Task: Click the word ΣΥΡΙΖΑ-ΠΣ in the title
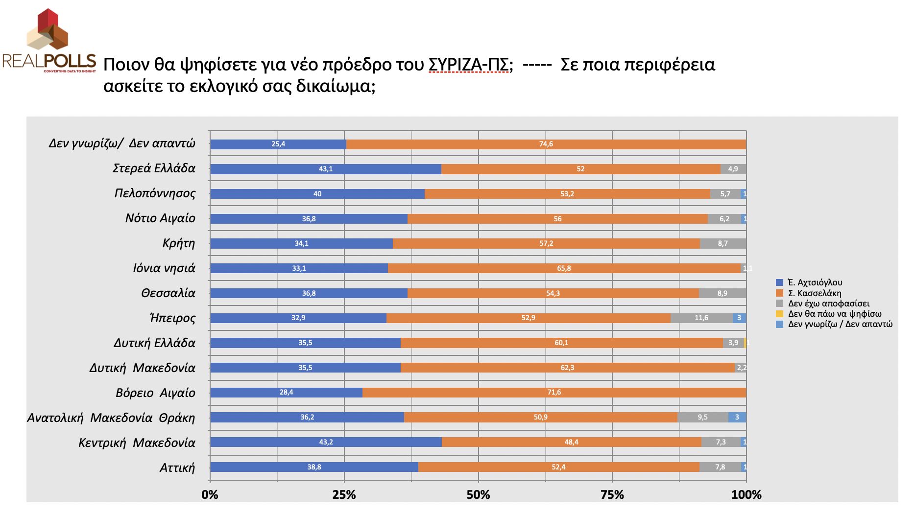coord(468,65)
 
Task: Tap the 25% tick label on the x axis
coord(344,495)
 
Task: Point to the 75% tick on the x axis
coord(612,495)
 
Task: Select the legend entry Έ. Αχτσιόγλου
coord(815,282)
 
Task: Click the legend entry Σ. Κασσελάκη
coord(814,293)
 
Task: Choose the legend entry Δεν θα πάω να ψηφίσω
coord(834,314)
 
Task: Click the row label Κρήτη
coord(179,243)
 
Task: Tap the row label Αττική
coord(177,467)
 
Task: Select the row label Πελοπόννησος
coord(155,193)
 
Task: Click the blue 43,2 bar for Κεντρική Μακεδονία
coord(326,442)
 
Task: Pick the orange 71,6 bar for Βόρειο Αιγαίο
coord(554,393)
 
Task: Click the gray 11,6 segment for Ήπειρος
coord(701,318)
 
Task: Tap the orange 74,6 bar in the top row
coord(546,144)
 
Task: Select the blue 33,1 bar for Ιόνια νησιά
coord(299,268)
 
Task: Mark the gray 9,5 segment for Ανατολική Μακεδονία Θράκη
coord(703,418)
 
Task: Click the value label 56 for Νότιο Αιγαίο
coord(557,219)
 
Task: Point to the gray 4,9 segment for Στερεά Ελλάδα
coord(733,169)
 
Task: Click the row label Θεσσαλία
coord(168,293)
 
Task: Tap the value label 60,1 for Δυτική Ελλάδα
coord(561,343)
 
